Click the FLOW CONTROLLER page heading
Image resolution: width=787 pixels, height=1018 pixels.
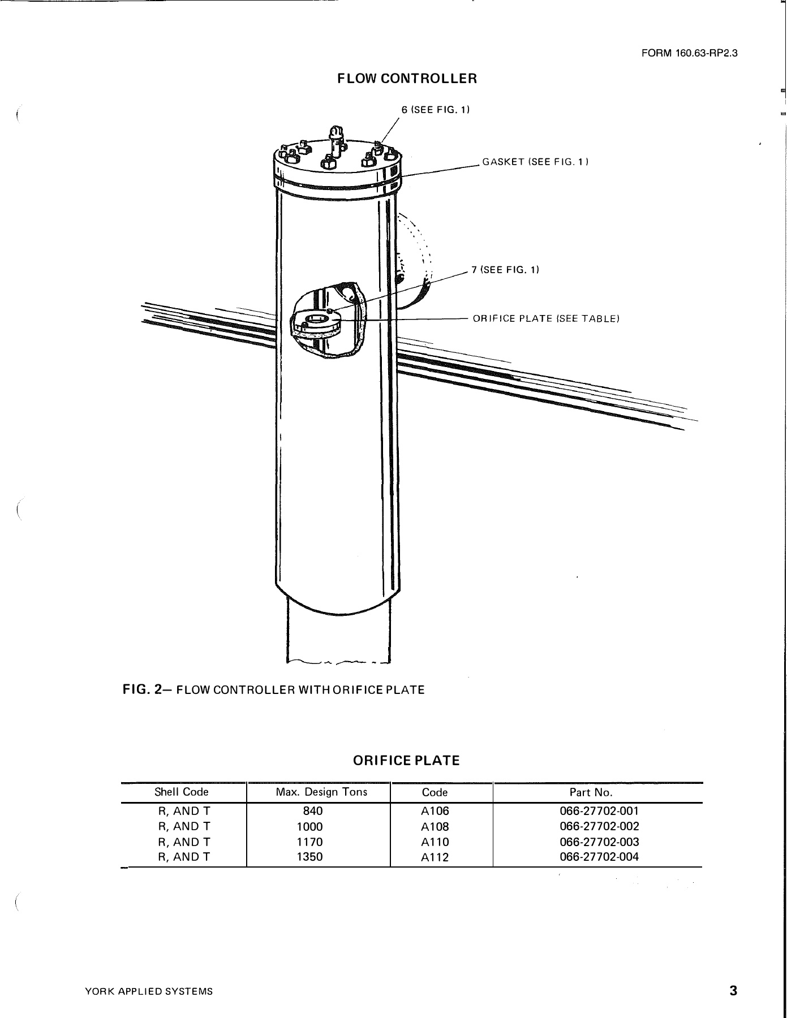(x=407, y=79)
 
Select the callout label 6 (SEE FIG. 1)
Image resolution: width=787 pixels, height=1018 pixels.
(x=436, y=110)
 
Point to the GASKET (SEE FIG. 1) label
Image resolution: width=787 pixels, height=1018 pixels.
(x=535, y=162)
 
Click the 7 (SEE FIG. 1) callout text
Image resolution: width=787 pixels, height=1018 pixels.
(x=505, y=270)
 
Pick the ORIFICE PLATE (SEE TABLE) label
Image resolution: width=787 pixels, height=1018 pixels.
(x=546, y=318)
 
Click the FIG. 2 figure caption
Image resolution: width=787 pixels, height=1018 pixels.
(x=274, y=690)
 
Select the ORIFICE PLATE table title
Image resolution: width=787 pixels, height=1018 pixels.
(x=406, y=761)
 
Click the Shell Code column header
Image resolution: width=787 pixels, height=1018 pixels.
(x=182, y=792)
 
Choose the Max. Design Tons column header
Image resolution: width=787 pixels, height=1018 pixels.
(x=321, y=792)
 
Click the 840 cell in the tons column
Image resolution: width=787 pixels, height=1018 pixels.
(x=313, y=810)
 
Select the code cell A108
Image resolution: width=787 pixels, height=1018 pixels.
(x=435, y=826)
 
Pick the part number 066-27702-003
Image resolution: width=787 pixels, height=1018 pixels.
(x=599, y=842)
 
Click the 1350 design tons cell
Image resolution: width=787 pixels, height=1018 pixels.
(x=309, y=857)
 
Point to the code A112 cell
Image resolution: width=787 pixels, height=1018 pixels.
(x=435, y=857)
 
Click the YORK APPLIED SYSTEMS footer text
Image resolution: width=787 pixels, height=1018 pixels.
(x=149, y=991)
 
